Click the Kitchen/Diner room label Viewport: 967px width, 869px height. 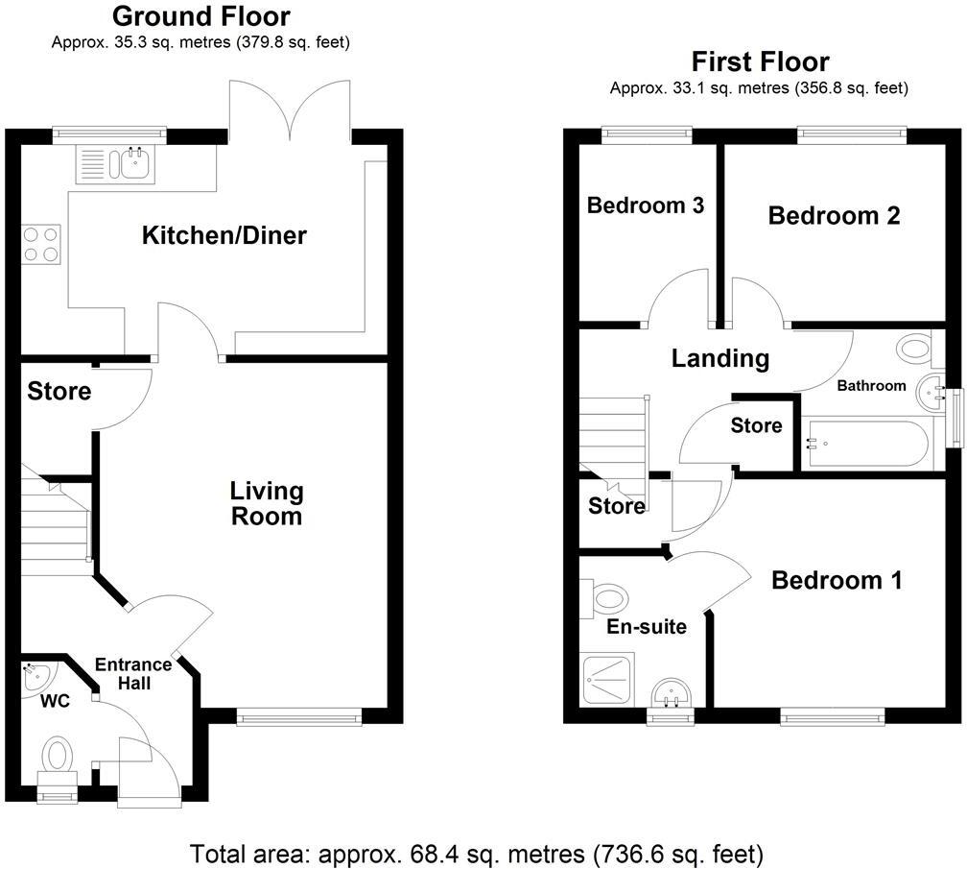tap(224, 235)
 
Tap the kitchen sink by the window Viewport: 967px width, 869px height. tap(131, 163)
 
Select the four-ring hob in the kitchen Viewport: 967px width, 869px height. tap(39, 242)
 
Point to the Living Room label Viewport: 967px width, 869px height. tap(266, 503)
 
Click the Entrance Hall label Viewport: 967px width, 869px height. tap(132, 673)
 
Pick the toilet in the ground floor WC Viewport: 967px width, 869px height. tap(58, 756)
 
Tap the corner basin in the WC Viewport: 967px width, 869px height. tap(36, 674)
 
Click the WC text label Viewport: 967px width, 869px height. tap(55, 701)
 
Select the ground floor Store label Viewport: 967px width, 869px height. tap(59, 392)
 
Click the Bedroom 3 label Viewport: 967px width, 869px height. tap(646, 205)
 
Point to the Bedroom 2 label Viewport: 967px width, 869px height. tap(834, 215)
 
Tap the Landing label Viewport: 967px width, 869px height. tap(719, 359)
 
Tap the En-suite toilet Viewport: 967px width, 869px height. tap(606, 600)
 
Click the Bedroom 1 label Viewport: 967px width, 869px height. tap(837, 580)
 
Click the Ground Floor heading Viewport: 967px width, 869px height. tap(201, 16)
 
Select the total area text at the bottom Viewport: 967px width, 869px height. tap(477, 853)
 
